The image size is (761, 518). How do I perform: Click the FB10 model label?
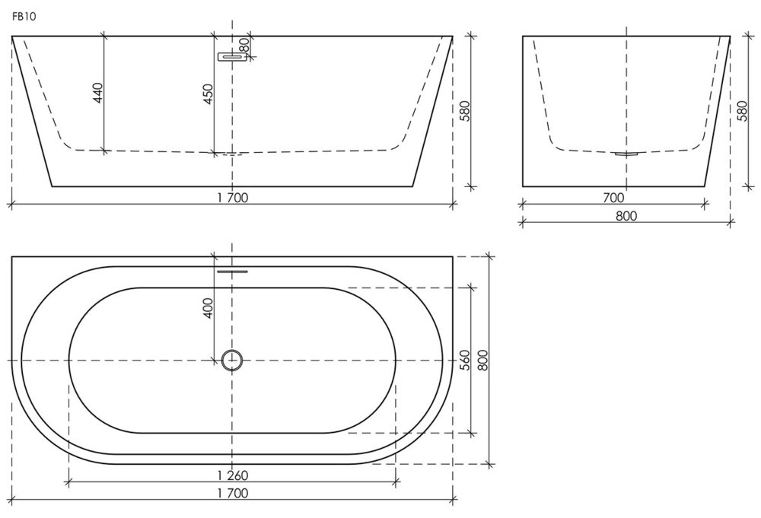24,17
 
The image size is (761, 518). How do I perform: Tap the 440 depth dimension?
98,93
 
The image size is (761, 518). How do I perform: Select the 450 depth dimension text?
208,94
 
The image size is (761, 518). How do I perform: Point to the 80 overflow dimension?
245,46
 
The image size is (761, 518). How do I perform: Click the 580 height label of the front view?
464,111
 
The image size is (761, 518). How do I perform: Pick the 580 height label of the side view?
742,111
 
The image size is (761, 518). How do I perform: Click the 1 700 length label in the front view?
232,198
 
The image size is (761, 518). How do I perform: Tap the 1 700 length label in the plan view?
232,493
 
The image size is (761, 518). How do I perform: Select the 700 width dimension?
613,198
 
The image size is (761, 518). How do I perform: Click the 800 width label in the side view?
626,216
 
